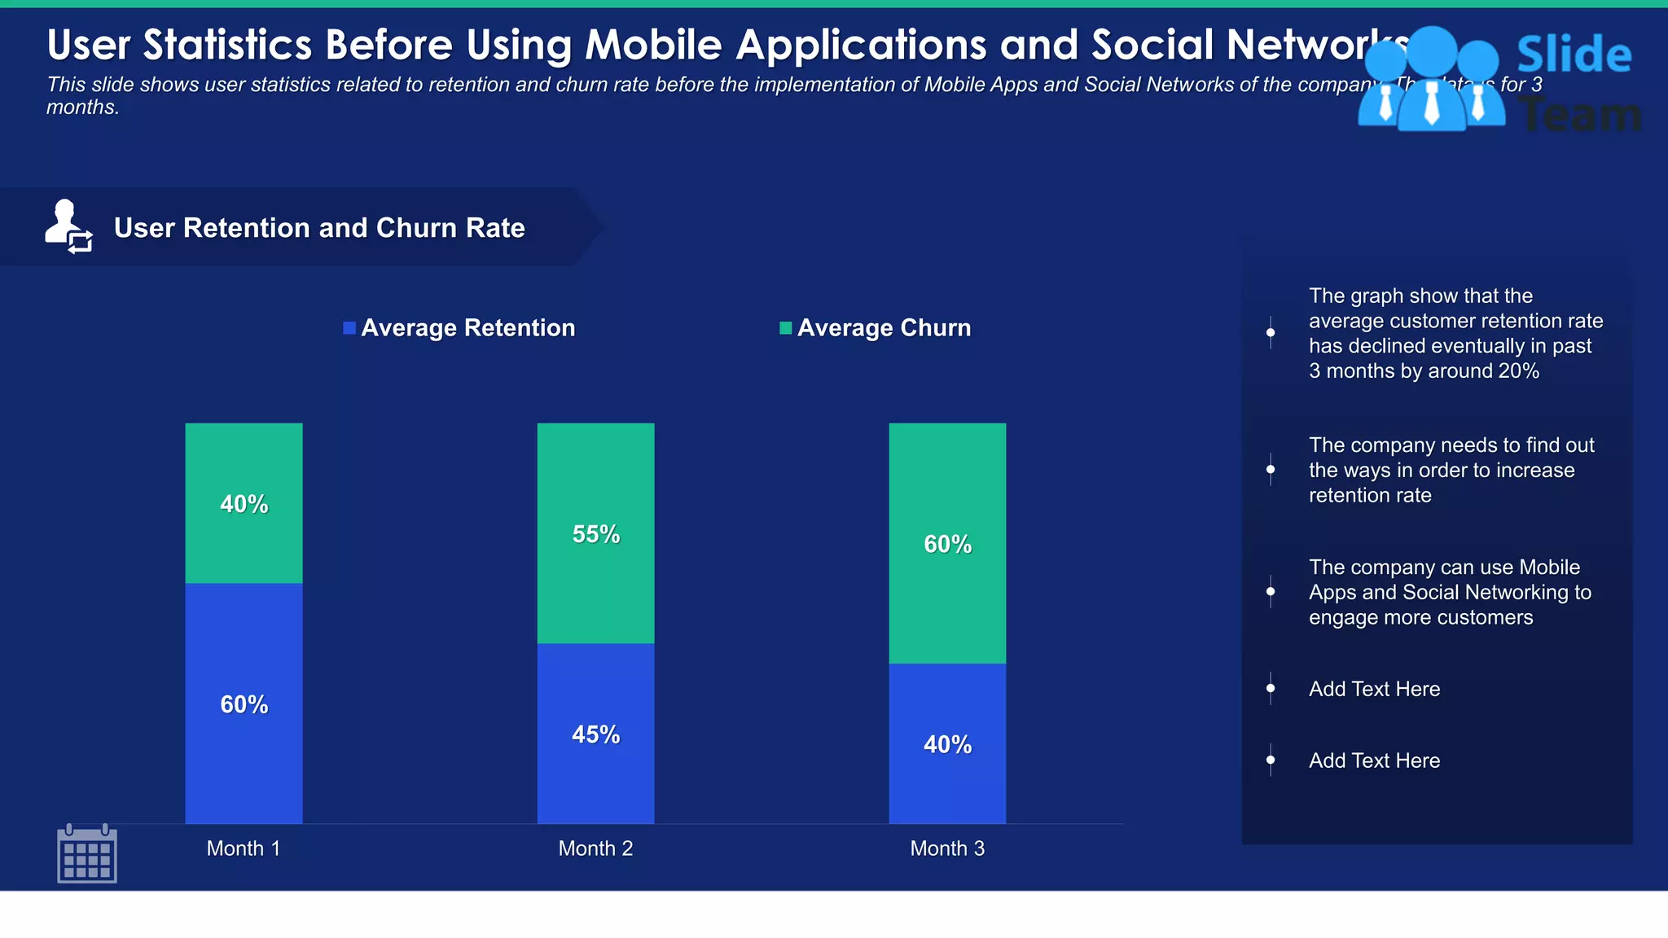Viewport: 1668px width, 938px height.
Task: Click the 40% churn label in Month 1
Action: click(244, 504)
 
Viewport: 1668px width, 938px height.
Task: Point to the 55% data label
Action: click(595, 534)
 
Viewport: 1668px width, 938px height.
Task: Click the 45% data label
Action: click(595, 734)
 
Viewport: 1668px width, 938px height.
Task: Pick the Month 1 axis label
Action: click(244, 848)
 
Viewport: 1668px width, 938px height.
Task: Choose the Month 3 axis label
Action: click(947, 848)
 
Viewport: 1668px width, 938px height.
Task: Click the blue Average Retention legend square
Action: click(349, 328)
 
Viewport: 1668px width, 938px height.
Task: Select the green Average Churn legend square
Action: click(785, 328)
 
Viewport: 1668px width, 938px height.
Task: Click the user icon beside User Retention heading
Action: click(68, 226)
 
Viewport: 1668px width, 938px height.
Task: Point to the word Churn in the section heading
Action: click(413, 228)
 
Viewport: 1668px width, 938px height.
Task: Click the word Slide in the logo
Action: click(1574, 55)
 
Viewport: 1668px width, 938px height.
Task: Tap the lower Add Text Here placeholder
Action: click(1374, 760)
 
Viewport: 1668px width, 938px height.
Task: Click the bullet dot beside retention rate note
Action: click(1271, 469)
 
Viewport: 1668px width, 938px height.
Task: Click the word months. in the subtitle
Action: click(82, 107)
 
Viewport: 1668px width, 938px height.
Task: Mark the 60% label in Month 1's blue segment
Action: click(244, 704)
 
